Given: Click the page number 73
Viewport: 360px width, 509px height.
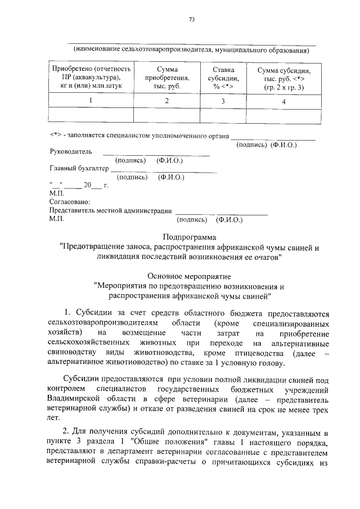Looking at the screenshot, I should point(191,19).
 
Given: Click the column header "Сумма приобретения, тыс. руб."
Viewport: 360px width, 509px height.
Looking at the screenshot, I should point(167,78).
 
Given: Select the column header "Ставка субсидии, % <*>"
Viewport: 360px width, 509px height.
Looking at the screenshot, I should point(223,78).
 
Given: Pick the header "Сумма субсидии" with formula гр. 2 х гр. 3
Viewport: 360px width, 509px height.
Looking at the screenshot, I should point(283,79).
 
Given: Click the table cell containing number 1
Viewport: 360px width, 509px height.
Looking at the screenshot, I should point(91,101).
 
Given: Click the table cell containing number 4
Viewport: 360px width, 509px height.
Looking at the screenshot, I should point(283,101).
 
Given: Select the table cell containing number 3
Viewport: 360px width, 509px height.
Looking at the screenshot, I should point(223,101).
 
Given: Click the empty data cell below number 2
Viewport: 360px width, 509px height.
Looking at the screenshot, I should point(167,114).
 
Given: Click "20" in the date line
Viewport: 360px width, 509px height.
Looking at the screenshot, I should point(87,184).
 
